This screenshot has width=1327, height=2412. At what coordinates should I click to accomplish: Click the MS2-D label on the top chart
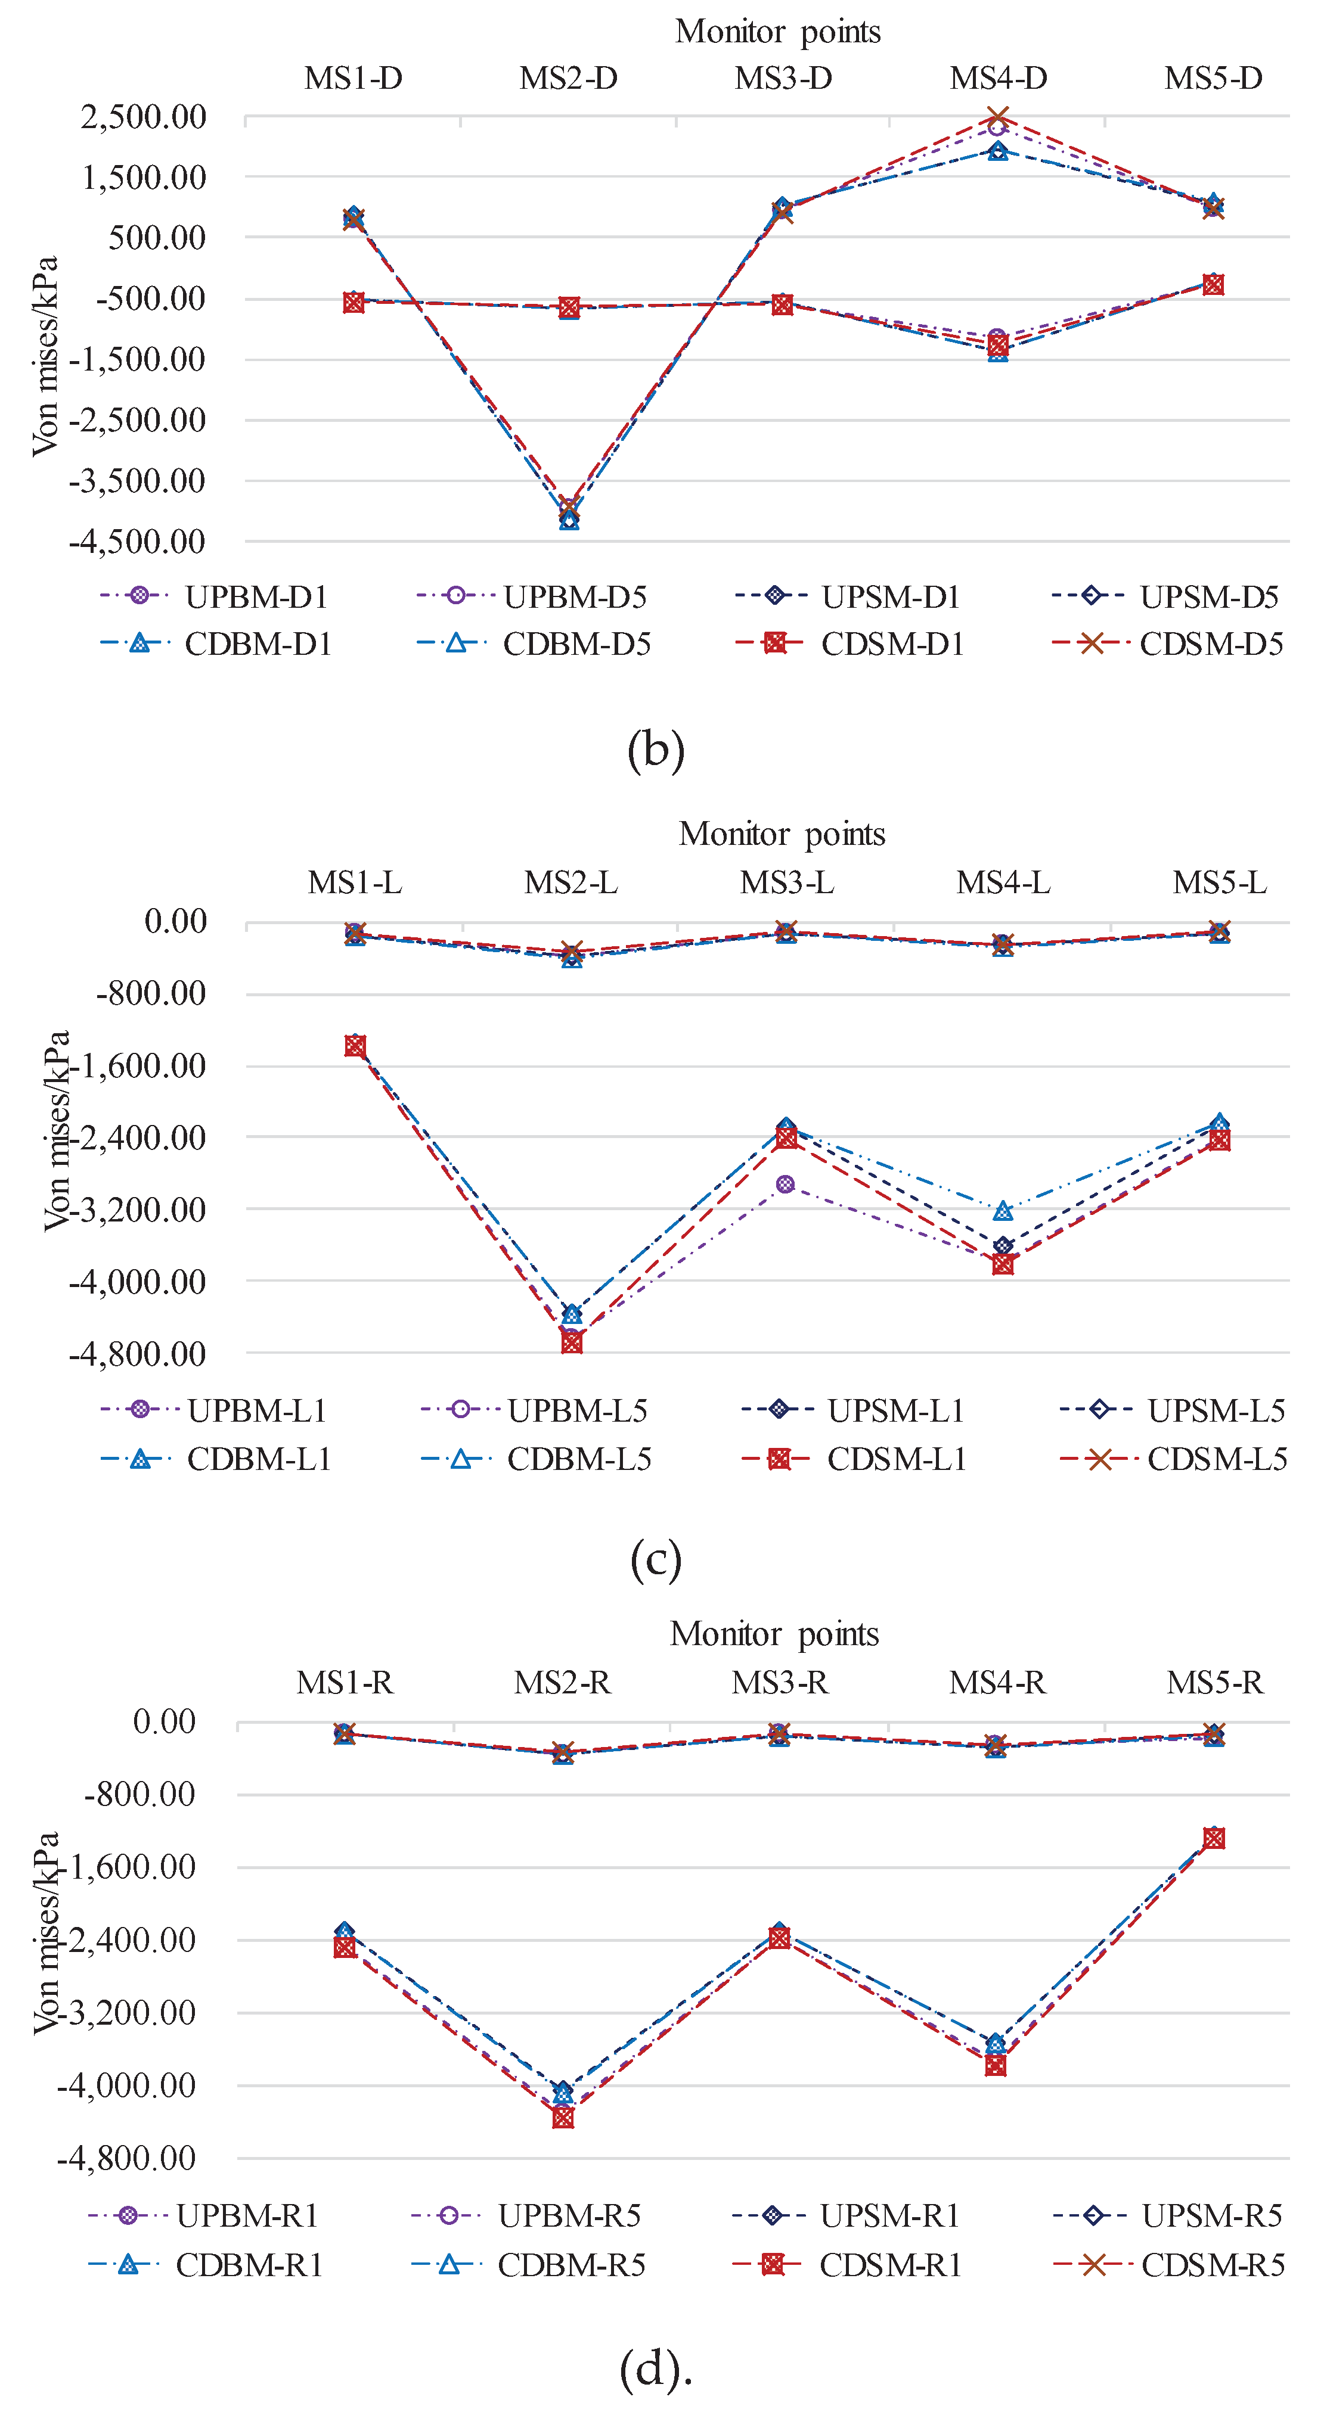(569, 77)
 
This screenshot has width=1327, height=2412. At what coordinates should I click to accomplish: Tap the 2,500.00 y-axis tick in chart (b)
(143, 117)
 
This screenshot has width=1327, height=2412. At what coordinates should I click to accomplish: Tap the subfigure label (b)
(656, 750)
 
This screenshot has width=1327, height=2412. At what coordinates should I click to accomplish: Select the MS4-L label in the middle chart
(1003, 882)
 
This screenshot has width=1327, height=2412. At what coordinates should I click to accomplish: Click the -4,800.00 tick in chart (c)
(138, 1353)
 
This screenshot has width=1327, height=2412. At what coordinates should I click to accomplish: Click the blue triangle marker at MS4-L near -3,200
(1003, 1211)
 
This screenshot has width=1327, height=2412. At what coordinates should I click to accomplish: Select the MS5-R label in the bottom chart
(1214, 1683)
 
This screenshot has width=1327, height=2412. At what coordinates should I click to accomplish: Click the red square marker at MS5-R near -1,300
(1214, 1838)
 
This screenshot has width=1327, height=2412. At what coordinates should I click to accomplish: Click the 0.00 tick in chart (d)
(165, 1721)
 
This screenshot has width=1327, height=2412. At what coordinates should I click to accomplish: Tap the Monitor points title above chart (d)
(774, 1634)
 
